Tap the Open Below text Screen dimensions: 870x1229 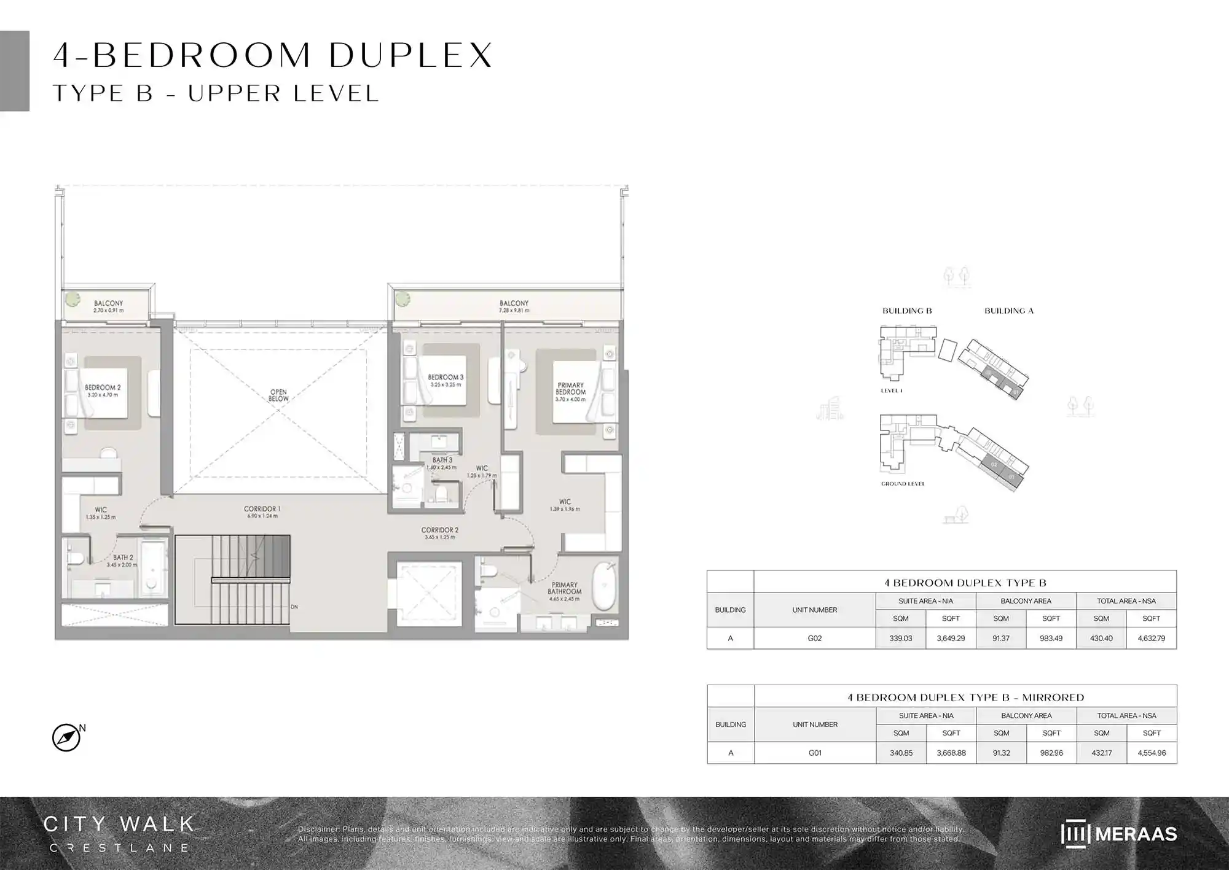[278, 395]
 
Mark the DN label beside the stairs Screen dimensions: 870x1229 [294, 607]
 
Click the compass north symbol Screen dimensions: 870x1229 [66, 737]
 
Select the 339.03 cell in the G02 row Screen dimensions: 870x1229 [900, 639]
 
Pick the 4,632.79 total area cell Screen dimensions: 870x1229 [1151, 639]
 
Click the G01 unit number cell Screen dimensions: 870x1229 [815, 753]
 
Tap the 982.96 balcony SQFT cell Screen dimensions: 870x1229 [1051, 753]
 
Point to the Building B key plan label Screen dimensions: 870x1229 [907, 311]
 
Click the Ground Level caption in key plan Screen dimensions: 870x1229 [903, 484]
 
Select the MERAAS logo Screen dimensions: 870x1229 [1118, 834]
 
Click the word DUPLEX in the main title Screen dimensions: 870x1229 [410, 55]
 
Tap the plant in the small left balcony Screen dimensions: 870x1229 [73, 299]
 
